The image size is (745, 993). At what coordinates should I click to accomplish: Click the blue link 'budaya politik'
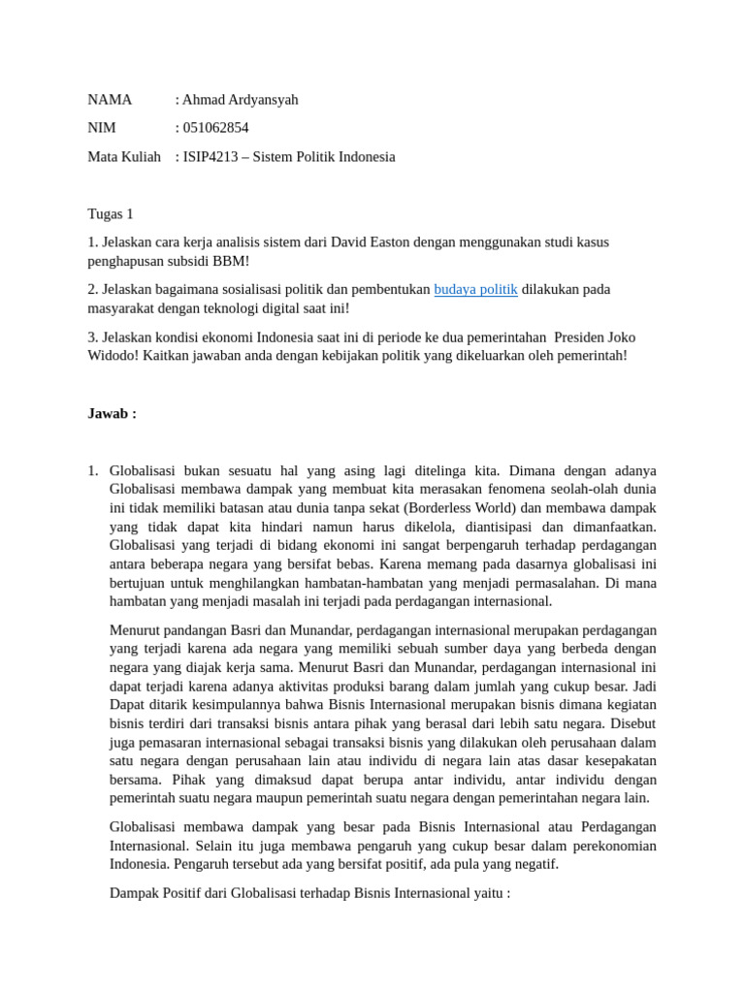coord(475,289)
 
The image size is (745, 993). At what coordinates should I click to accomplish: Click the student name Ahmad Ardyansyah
coord(240,100)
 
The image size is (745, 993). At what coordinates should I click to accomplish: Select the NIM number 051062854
coord(215,128)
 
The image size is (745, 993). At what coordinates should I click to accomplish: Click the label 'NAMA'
coord(110,100)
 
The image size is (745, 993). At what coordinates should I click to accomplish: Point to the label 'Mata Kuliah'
coord(124,156)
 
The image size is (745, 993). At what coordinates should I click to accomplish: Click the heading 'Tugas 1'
coord(111,213)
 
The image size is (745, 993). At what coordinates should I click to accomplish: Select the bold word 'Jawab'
coord(109,413)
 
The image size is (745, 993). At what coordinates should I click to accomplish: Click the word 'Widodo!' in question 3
coord(113,355)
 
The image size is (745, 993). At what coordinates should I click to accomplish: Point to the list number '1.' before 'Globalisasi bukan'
coord(93,470)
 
